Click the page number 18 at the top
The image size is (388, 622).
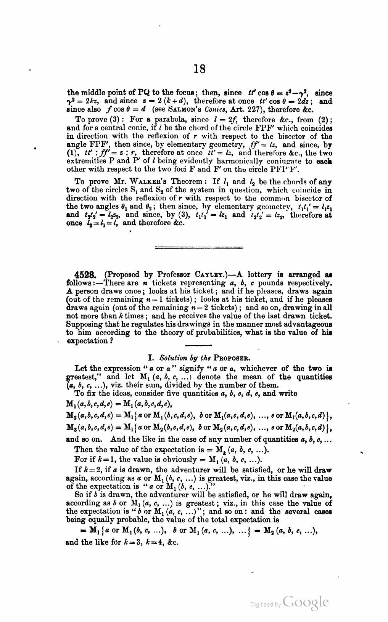200,69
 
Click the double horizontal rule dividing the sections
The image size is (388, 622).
200,248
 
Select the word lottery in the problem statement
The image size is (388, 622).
261,274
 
